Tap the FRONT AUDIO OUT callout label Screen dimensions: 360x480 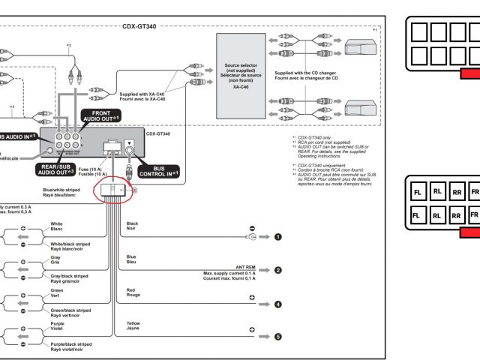point(100,115)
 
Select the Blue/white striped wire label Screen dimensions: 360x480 point(61,193)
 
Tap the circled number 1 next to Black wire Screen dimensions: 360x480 point(277,237)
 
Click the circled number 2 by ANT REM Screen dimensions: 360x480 point(277,270)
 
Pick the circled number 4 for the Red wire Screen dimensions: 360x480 point(277,304)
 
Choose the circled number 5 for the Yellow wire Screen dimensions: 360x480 point(277,337)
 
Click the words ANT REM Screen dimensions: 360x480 point(245,267)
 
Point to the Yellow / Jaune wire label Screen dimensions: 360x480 point(133,324)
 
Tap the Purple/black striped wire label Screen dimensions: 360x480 point(71,346)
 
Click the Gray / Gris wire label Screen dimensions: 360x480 point(55,260)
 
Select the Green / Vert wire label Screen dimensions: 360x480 point(56,293)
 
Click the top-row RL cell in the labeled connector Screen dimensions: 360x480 point(436,192)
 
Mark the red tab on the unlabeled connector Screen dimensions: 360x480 point(470,73)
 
